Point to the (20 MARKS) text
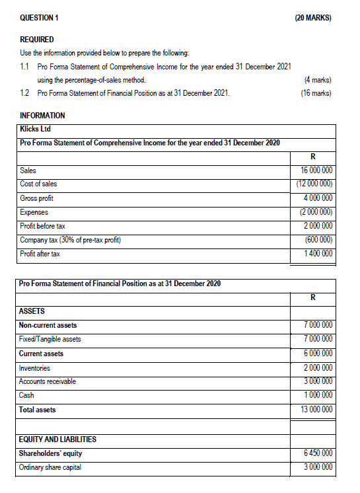pyautogui.click(x=312, y=19)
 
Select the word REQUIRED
pyautogui.click(x=37, y=40)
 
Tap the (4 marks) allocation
pyautogui.click(x=316, y=80)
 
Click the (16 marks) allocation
pyautogui.click(x=314, y=93)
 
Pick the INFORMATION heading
pyautogui.click(x=43, y=116)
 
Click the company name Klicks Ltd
pyautogui.click(x=34, y=130)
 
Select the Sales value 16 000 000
pyautogui.click(x=316, y=170)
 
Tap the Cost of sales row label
pyautogui.click(x=38, y=184)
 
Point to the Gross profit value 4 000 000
pyautogui.click(x=318, y=198)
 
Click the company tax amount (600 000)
pyautogui.click(x=317, y=240)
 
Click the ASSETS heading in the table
pyautogui.click(x=32, y=311)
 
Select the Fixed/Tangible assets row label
pyautogui.click(x=50, y=339)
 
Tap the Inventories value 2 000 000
pyautogui.click(x=318, y=367)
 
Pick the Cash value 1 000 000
pyautogui.click(x=318, y=395)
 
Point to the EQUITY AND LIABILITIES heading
pyautogui.click(x=58, y=439)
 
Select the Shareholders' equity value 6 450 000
pyautogui.click(x=318, y=453)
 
